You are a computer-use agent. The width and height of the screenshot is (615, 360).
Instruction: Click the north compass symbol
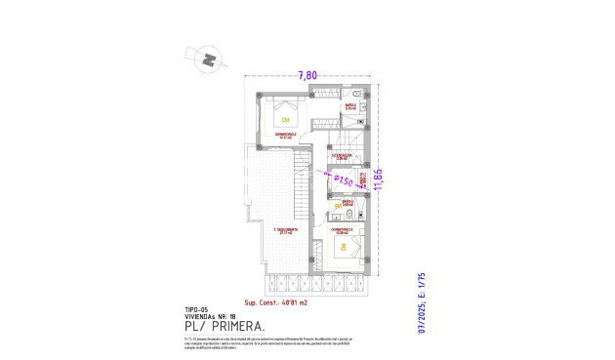pyautogui.click(x=207, y=60)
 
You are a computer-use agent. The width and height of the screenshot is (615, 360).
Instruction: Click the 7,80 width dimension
pyautogui.click(x=307, y=75)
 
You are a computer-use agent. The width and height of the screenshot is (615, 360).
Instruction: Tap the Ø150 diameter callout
pyautogui.click(x=344, y=180)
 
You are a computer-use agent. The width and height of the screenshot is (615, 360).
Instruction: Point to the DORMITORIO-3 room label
pyautogui.click(x=343, y=230)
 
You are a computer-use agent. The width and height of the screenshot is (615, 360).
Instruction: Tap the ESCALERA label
pyautogui.click(x=341, y=155)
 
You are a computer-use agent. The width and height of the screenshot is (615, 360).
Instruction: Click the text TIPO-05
pyautogui.click(x=196, y=309)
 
